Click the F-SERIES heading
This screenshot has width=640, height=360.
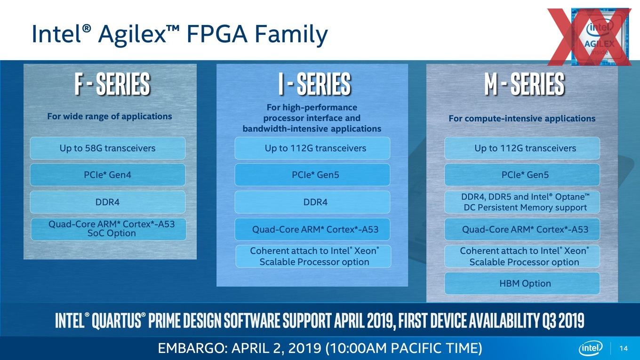[x=112, y=83]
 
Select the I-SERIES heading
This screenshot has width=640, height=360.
[x=314, y=83]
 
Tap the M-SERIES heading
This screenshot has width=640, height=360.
[x=524, y=83]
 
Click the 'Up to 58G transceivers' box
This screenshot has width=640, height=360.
[x=107, y=148]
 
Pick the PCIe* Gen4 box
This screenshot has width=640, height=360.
[x=107, y=175]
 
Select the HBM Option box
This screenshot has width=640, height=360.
[x=522, y=283]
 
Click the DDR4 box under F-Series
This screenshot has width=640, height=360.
[x=107, y=202]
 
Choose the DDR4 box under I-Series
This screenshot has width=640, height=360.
[x=312, y=202]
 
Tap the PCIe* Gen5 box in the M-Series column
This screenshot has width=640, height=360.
[x=522, y=175]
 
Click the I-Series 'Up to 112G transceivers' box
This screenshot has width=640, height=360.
[x=312, y=148]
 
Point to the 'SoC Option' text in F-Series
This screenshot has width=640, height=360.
[x=112, y=233]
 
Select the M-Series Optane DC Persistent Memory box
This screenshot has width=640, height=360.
[x=522, y=202]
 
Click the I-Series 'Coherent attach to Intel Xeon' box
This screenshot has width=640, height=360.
[x=313, y=256]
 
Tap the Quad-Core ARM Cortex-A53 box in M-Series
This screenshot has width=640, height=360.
[x=522, y=229]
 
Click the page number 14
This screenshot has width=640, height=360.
[x=624, y=348]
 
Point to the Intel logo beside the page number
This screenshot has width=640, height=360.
[x=591, y=348]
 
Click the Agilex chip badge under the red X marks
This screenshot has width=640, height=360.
[x=600, y=37]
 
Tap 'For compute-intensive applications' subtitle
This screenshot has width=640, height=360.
[x=522, y=118]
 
